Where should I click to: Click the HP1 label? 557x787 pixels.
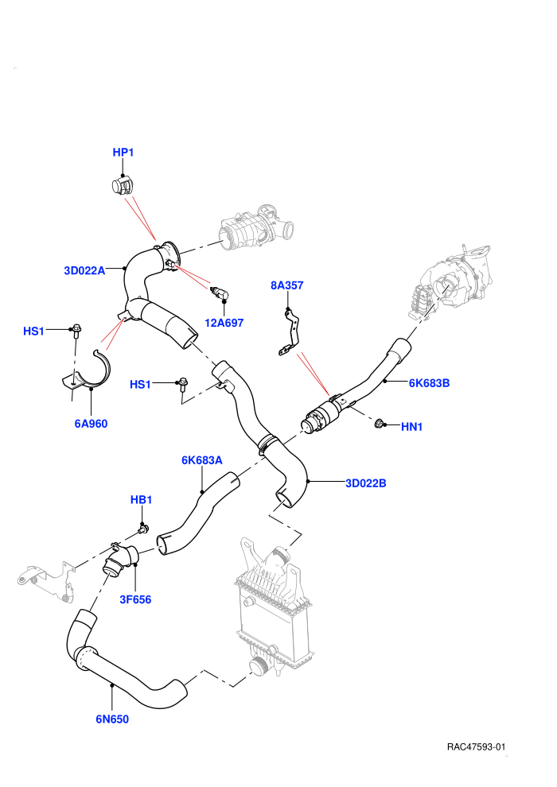click(123, 152)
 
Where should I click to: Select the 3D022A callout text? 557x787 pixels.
click(84, 270)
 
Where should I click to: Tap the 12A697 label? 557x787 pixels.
click(224, 323)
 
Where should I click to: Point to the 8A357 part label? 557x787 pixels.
click(286, 285)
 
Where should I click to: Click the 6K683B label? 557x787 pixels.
click(429, 383)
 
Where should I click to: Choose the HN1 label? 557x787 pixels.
click(412, 427)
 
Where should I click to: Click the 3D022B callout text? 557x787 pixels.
click(366, 483)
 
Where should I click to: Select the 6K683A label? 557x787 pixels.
click(202, 460)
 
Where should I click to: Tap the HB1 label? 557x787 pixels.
click(141, 499)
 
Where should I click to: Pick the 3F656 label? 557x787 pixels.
click(135, 599)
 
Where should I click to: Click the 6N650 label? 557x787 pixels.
click(112, 719)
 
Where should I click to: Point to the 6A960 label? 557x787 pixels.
click(91, 424)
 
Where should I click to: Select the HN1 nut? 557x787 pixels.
click(380, 425)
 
